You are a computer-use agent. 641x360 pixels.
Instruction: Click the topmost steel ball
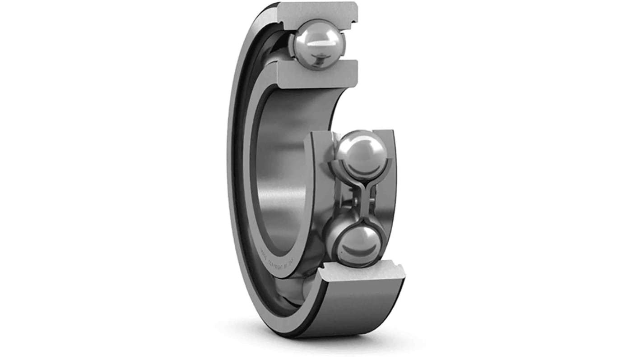pyautogui.click(x=318, y=44)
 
